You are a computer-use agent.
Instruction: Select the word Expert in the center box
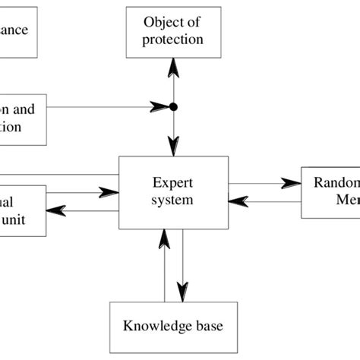click(x=172, y=183)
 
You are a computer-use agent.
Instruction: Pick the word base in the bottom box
click(x=210, y=327)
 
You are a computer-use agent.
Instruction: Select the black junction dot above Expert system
click(x=173, y=107)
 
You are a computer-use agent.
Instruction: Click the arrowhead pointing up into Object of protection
click(x=173, y=70)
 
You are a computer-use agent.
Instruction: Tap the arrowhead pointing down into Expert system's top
click(x=173, y=145)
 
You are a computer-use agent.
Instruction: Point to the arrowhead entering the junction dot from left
click(x=160, y=107)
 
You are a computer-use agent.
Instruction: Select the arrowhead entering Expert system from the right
click(x=239, y=201)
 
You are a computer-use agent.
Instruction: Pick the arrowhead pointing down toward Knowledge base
click(x=183, y=291)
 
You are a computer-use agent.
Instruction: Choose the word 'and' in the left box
click(x=22, y=109)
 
